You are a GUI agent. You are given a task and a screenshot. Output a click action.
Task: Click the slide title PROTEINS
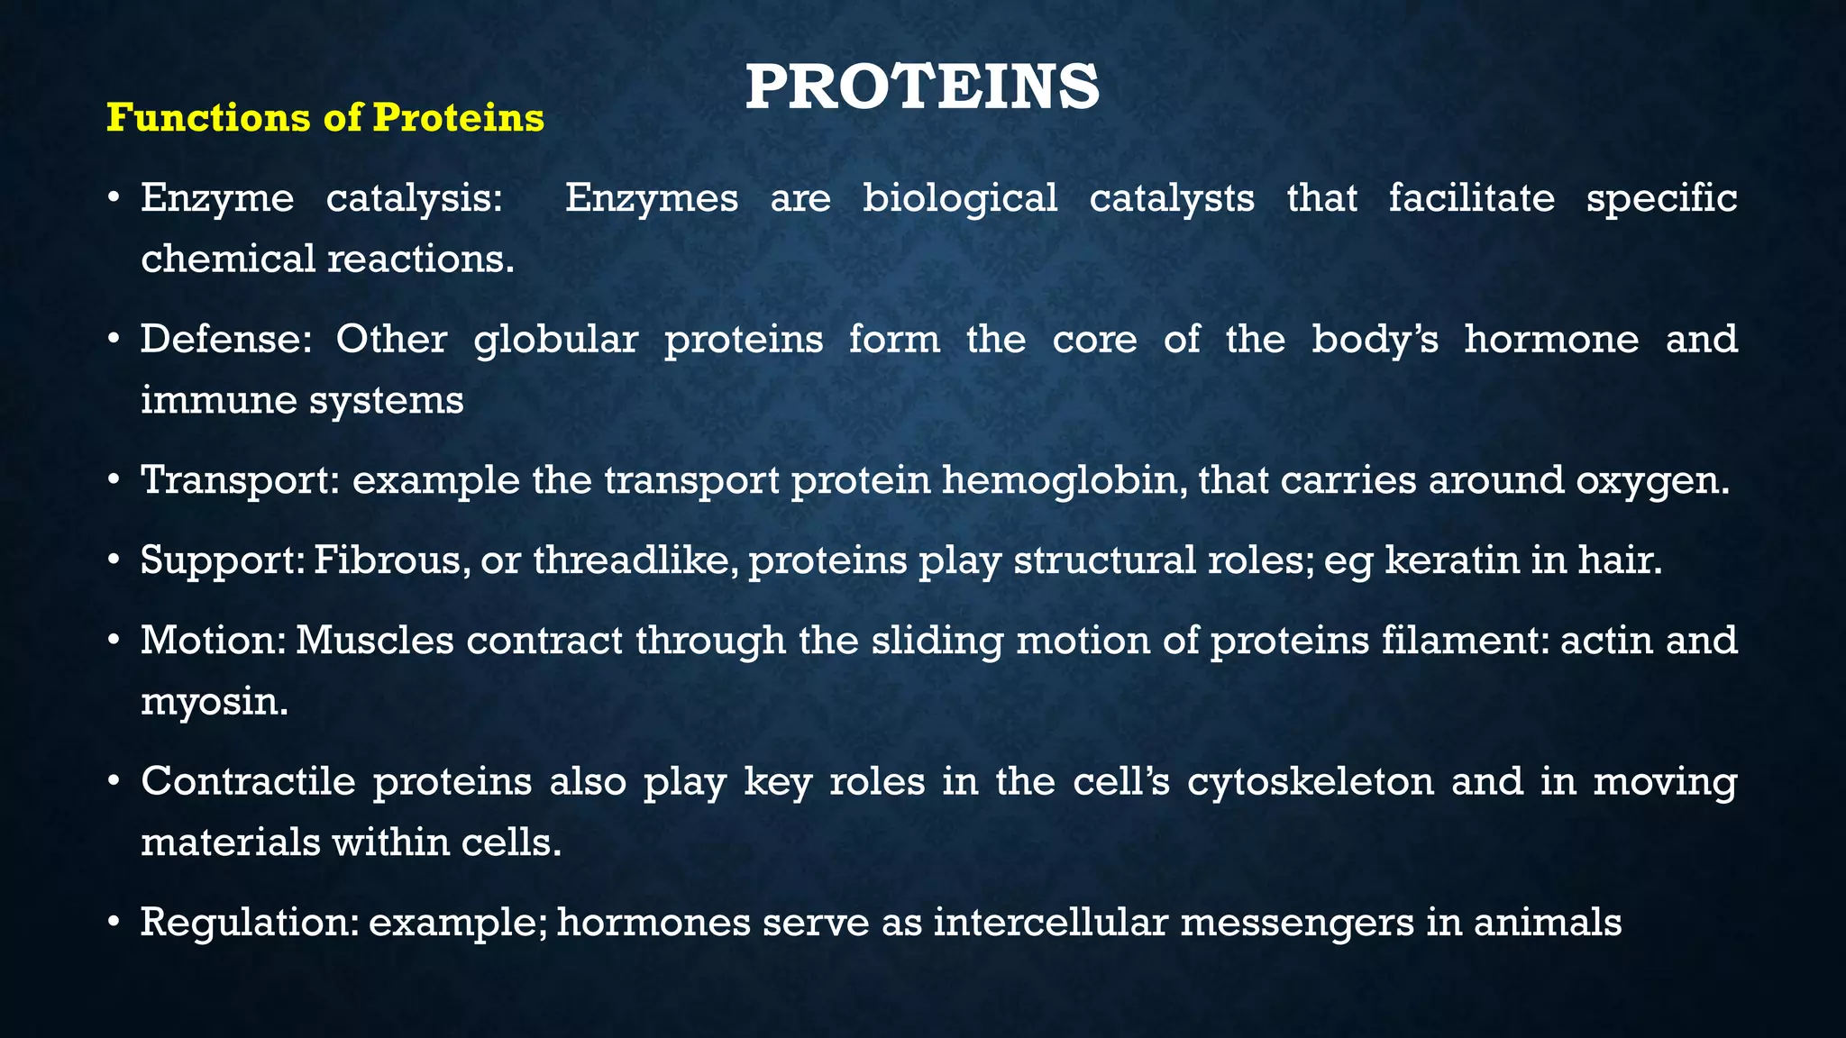click(922, 88)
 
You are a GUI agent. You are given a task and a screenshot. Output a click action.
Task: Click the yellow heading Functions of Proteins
click(325, 118)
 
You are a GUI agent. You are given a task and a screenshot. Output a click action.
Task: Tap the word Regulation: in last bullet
click(248, 923)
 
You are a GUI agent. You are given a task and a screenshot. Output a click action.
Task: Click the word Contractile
click(248, 781)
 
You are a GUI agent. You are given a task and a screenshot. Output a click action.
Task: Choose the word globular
click(555, 340)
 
